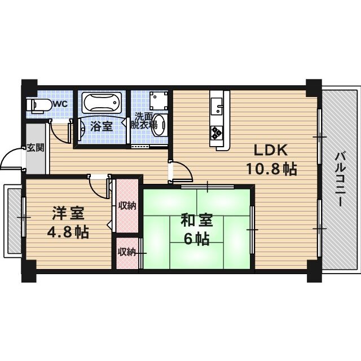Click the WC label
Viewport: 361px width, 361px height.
click(61, 104)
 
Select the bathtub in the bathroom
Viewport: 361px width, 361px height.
click(102, 103)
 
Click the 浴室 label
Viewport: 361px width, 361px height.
click(101, 126)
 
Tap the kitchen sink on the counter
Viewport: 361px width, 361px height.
click(218, 105)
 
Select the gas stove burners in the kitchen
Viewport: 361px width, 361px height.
click(218, 133)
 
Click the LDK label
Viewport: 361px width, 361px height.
click(270, 151)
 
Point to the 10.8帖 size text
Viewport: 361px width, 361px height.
click(271, 169)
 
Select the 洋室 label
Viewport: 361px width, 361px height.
click(68, 214)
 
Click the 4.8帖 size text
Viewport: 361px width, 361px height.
click(68, 231)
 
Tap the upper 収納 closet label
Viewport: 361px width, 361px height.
click(127, 205)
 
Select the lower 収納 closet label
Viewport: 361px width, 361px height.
click(126, 252)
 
